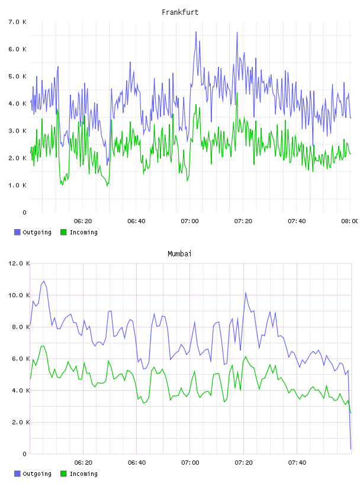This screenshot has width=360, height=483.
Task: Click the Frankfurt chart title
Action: click(x=180, y=12)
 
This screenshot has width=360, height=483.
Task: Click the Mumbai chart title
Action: click(x=179, y=254)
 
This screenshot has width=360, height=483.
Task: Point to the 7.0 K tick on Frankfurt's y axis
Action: click(x=18, y=22)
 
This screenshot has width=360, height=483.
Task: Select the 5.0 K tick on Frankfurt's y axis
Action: click(x=18, y=76)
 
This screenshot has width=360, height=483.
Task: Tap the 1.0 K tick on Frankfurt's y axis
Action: click(x=18, y=185)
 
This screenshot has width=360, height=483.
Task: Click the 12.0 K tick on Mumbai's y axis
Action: click(x=19, y=263)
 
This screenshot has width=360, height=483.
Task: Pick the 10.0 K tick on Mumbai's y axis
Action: click(x=19, y=295)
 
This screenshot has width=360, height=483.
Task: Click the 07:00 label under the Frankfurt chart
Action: click(x=190, y=221)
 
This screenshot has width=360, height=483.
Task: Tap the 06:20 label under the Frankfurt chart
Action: click(x=83, y=221)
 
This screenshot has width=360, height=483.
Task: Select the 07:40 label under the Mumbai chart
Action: click(x=297, y=463)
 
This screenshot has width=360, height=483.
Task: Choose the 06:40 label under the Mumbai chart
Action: click(x=137, y=463)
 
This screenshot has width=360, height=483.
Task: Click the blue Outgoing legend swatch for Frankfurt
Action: click(x=17, y=232)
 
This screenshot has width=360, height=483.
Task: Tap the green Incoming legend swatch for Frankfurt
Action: click(x=63, y=232)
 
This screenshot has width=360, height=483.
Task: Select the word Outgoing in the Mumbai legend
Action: click(x=37, y=474)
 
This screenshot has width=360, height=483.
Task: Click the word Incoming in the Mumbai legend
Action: click(x=83, y=474)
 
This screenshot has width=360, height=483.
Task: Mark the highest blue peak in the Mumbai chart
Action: click(x=44, y=281)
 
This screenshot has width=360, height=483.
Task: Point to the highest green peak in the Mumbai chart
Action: click(x=44, y=346)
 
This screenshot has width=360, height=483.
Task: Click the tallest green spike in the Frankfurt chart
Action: click(x=237, y=93)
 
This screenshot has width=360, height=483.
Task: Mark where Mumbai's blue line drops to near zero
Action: click(x=351, y=449)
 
